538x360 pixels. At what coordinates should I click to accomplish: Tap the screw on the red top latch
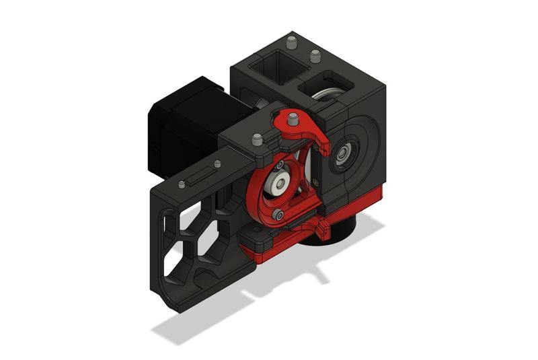tap(293, 120)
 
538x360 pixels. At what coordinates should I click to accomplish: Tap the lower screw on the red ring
tap(278, 215)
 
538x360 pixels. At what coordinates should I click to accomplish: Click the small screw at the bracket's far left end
tap(182, 184)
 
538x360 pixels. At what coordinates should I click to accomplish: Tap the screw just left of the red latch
tap(256, 140)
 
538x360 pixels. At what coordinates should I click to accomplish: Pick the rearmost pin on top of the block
tap(291, 44)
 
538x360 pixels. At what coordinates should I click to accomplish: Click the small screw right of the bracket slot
tap(217, 163)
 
